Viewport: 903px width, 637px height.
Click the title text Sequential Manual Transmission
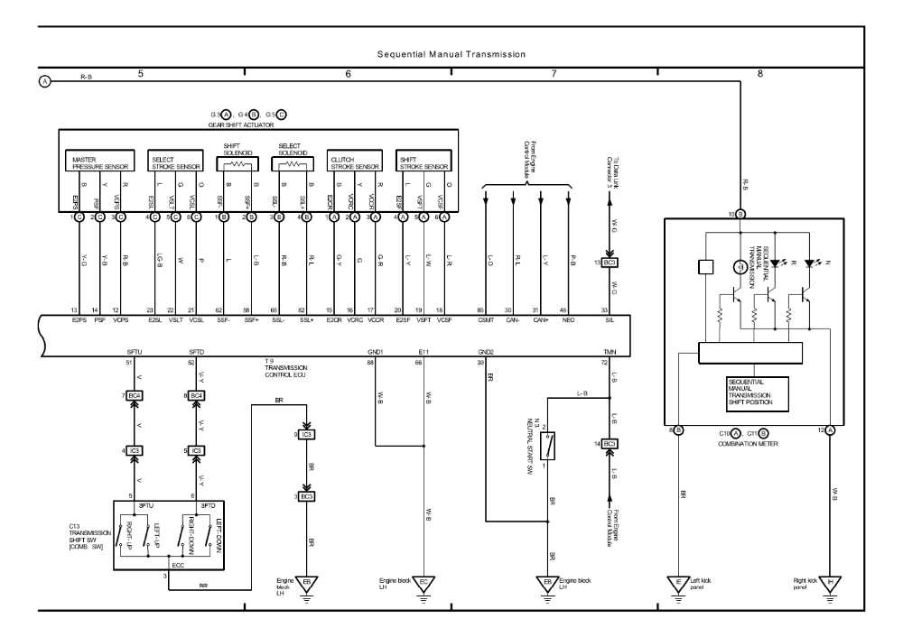point(451,54)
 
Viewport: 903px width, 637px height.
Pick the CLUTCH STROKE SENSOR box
point(353,163)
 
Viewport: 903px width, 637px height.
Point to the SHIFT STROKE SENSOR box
point(423,163)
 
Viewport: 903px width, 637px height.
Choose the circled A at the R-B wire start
point(44,82)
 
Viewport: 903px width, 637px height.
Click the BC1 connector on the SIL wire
point(610,263)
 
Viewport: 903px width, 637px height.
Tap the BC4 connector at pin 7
point(135,395)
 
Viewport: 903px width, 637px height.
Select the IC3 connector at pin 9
point(307,435)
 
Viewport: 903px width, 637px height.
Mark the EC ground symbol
point(423,582)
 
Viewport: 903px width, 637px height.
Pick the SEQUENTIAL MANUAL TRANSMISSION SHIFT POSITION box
point(756,392)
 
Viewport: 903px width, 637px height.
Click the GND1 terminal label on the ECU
point(377,351)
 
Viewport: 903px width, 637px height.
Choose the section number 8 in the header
point(759,72)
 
